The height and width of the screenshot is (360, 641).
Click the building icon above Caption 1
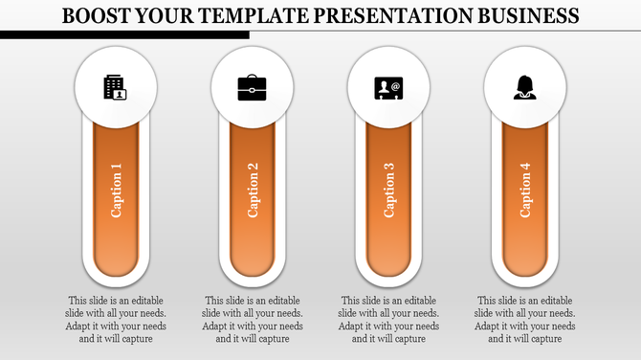tap(116, 88)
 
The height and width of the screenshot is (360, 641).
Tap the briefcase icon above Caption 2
tap(253, 88)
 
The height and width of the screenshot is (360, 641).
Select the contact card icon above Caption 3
tap(388, 88)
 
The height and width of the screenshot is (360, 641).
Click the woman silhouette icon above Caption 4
tap(524, 88)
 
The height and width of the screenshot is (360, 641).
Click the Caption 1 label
tap(117, 191)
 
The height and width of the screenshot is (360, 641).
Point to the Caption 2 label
tap(254, 191)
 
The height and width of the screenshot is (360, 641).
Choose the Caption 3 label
tap(389, 191)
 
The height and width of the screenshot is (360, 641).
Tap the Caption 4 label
tap(525, 191)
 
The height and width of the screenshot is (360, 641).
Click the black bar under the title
tap(124, 34)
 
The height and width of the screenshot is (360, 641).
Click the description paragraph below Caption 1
tap(116, 319)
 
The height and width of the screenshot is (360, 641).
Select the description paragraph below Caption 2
tap(253, 319)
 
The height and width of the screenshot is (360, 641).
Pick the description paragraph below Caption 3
tap(388, 319)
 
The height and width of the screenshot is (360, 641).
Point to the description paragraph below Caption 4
tap(525, 319)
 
